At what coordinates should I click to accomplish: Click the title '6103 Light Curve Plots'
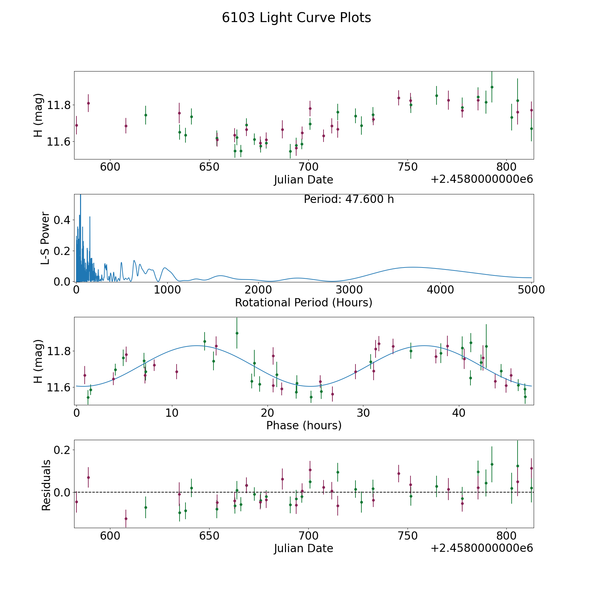point(296,18)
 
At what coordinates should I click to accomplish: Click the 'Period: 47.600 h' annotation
point(349,199)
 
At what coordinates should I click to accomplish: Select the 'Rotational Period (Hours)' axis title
point(304,302)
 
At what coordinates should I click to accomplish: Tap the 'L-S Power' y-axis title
point(45,238)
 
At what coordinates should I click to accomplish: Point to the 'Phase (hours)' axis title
point(304,425)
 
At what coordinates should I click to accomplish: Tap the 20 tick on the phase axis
point(268,412)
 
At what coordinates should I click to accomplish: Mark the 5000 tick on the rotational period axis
point(531,290)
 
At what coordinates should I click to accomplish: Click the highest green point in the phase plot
point(237,333)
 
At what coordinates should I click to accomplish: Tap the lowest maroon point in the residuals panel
point(126,519)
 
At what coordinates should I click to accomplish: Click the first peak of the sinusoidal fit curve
point(197,346)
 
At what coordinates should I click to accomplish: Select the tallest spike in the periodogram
point(80,195)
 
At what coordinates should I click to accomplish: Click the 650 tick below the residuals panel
point(209,536)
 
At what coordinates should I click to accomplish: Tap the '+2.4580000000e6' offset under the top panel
point(482,179)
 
